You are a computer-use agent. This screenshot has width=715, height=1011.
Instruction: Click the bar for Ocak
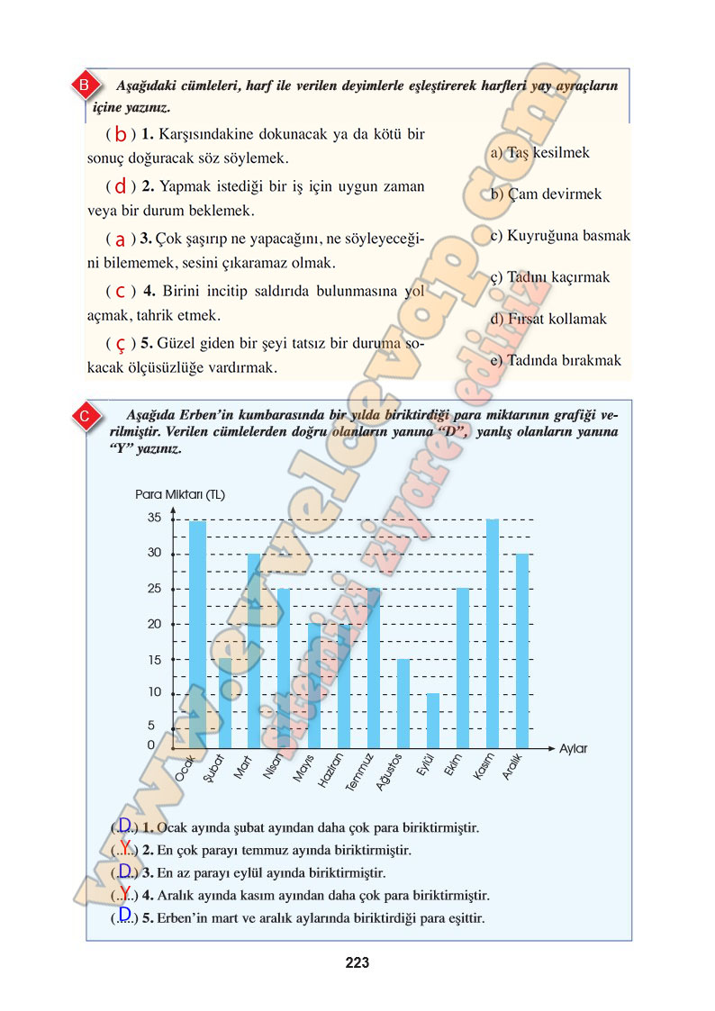197,634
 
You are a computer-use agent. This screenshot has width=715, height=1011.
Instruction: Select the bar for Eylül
433,720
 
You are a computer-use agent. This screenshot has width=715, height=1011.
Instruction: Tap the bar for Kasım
493,634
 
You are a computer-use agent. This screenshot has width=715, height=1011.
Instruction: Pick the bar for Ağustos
403,703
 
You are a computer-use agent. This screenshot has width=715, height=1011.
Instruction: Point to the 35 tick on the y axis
154,518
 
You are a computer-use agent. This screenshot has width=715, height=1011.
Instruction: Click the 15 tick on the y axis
154,660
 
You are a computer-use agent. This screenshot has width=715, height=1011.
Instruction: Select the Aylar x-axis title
574,748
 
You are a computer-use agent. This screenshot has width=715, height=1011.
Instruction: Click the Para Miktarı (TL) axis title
180,494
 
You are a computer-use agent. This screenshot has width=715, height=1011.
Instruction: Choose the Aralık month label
513,767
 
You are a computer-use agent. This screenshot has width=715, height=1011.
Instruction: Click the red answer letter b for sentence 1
120,135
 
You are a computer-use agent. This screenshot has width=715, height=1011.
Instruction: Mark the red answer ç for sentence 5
120,344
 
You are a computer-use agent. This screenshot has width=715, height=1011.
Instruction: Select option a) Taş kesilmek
540,152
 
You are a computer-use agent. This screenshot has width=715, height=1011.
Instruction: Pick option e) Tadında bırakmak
556,360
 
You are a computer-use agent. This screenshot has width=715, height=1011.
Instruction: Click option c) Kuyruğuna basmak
560,236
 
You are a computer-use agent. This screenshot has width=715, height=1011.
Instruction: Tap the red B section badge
83,86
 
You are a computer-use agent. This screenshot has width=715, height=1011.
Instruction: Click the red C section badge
83,416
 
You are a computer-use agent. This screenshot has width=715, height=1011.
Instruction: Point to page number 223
357,962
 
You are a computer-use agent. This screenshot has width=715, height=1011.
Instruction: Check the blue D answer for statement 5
125,915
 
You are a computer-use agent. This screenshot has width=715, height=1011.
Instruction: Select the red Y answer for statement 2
125,847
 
